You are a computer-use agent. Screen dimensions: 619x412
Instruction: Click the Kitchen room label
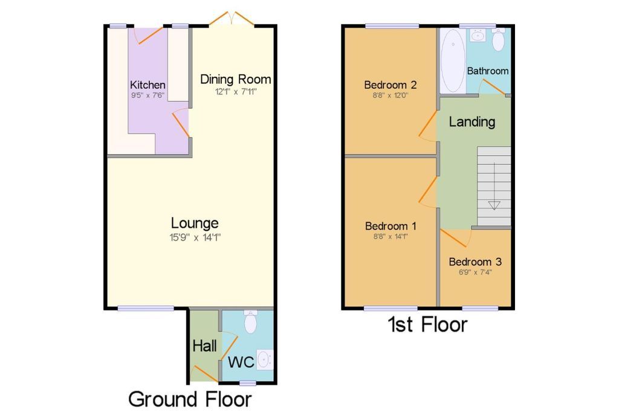pyautogui.click(x=147, y=85)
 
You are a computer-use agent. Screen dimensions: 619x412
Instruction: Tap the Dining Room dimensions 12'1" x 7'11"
pyautogui.click(x=236, y=92)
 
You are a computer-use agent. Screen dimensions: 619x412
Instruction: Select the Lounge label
pyautogui.click(x=195, y=224)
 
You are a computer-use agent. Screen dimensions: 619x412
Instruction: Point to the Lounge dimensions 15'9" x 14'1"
pyautogui.click(x=195, y=237)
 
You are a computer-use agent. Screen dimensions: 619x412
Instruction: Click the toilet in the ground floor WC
pyautogui.click(x=251, y=321)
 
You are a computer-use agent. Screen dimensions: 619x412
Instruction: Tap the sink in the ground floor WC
pyautogui.click(x=265, y=359)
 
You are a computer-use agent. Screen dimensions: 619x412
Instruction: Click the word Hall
pyautogui.click(x=204, y=346)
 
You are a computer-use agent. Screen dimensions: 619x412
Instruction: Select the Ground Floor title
pyautogui.click(x=190, y=399)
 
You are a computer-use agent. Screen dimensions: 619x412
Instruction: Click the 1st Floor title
pyautogui.click(x=428, y=324)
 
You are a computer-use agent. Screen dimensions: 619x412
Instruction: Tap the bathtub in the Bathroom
pyautogui.click(x=452, y=61)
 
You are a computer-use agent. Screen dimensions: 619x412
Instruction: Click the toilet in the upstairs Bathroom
pyautogui.click(x=499, y=39)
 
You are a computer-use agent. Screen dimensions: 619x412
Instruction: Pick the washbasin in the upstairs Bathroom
pyautogui.click(x=478, y=36)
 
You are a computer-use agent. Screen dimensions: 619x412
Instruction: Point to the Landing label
pyautogui.click(x=472, y=122)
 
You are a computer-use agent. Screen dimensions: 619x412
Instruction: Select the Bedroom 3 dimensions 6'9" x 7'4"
pyautogui.click(x=475, y=272)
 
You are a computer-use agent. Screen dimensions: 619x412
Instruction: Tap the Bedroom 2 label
pyautogui.click(x=390, y=85)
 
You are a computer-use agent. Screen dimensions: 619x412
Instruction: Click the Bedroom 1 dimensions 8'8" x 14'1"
pyautogui.click(x=391, y=236)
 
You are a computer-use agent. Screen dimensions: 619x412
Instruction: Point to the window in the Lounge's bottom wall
pyautogui.click(x=146, y=308)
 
